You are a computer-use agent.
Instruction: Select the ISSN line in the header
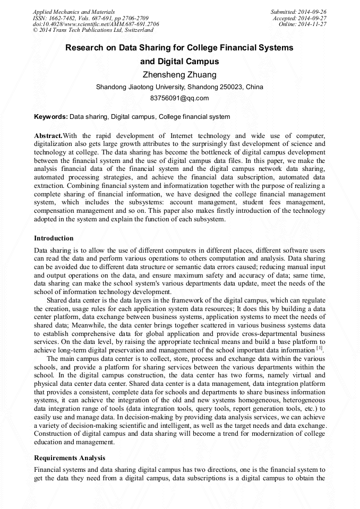pyautogui.click(x=90, y=18)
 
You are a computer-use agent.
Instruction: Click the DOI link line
pyautogui.click(x=96, y=24)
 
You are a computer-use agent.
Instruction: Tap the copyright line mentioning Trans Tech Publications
pyautogui.click(x=93, y=30)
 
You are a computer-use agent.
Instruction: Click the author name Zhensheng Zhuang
pyautogui.click(x=179, y=74)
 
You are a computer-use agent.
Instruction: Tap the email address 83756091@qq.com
pyautogui.click(x=179, y=98)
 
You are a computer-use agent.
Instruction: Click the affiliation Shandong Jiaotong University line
pyautogui.click(x=179, y=87)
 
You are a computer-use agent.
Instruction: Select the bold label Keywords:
pyautogui.click(x=51, y=117)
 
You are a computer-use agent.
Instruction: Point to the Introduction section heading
pyautogui.click(x=54, y=238)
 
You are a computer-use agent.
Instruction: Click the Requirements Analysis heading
pyautogui.click(x=70, y=458)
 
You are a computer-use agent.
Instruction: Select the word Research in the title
pyautogui.click(x=85, y=47)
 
